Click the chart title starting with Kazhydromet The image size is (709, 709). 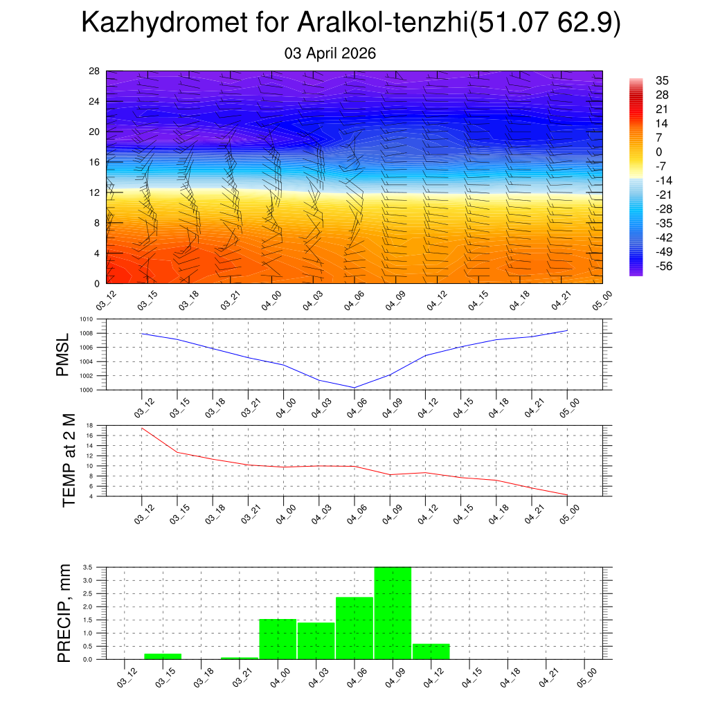[x=350, y=24]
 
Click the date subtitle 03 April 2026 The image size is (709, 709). [x=330, y=53]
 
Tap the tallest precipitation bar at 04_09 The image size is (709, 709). [x=393, y=613]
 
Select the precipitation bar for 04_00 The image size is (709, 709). [x=278, y=639]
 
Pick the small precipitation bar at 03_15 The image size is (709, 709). [x=163, y=656]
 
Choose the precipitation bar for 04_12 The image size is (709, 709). [x=431, y=652]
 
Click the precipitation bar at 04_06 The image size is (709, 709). [x=354, y=628]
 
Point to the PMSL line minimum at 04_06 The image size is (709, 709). [x=354, y=388]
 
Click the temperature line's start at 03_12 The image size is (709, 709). [x=142, y=428]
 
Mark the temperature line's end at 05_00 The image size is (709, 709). [x=568, y=495]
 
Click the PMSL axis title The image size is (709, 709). [x=63, y=355]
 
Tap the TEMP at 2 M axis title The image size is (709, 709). [x=69, y=461]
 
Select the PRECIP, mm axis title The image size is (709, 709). [x=64, y=613]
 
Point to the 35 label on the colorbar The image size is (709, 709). [x=663, y=80]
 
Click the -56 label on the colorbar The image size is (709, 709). [x=663, y=266]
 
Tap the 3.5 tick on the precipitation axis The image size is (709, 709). [x=87, y=567]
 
